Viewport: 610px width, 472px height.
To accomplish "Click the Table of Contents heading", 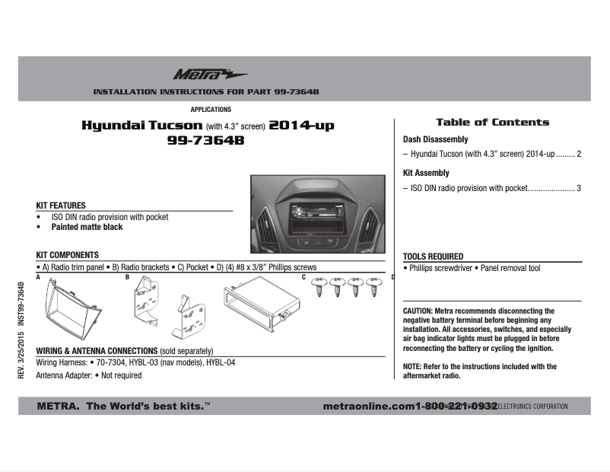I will (x=492, y=122).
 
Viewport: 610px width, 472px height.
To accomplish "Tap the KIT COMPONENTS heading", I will (x=68, y=254).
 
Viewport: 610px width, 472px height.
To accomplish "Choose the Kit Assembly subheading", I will (x=426, y=173).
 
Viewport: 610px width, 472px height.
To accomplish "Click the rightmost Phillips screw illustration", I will (x=373, y=287).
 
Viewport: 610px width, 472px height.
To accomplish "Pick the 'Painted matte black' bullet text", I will (x=87, y=227).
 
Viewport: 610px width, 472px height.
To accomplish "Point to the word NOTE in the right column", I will (x=412, y=367).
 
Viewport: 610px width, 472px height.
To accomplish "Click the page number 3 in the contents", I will (x=579, y=187).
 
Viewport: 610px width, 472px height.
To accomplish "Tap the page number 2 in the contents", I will (x=579, y=154).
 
